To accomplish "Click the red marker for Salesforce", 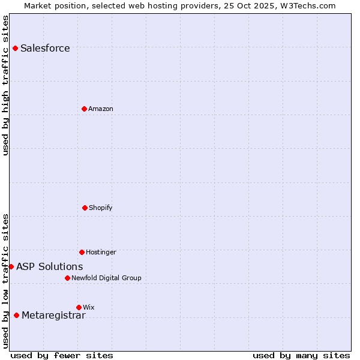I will click(x=15, y=48).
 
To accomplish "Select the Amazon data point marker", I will click(x=84, y=109).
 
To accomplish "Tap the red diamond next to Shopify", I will click(x=85, y=208).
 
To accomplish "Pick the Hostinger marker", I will click(x=82, y=252).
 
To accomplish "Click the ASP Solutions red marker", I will click(x=11, y=266).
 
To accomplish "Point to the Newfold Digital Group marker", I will click(x=67, y=278).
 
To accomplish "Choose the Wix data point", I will click(x=79, y=307).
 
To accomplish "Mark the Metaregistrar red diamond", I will click(x=16, y=316).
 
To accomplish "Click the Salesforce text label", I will click(x=45, y=49).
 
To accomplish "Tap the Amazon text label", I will click(x=101, y=109).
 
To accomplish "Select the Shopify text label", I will click(x=101, y=208).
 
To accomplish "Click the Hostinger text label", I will click(x=101, y=253).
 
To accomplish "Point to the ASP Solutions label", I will click(x=50, y=267).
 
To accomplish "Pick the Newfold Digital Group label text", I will click(x=106, y=278).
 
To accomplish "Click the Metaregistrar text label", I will click(x=53, y=316).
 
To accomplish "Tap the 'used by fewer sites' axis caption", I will click(x=62, y=355).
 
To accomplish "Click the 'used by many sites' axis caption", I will click(x=301, y=355).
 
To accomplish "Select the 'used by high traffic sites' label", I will click(x=5, y=85).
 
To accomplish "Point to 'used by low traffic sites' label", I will click(x=5, y=281).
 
